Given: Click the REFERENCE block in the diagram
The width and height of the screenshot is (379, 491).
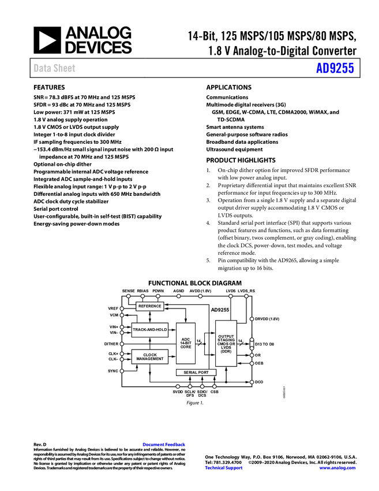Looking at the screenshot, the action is coord(149,306).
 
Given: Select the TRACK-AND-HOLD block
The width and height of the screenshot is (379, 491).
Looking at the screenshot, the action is coord(149,330).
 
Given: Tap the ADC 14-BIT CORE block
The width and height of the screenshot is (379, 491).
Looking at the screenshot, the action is coord(185,343).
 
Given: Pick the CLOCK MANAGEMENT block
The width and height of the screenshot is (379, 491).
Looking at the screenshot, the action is coord(149,357).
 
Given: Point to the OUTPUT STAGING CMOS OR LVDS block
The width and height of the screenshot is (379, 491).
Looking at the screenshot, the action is coord(226,343).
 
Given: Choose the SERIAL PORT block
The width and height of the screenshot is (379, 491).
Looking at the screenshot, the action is coord(196,373).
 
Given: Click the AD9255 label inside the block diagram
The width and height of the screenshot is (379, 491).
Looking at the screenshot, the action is coord(219,310).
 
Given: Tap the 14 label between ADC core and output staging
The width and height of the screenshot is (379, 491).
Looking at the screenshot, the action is coord(198,341).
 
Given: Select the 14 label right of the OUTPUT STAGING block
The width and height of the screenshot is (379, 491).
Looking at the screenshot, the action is coord(240,341).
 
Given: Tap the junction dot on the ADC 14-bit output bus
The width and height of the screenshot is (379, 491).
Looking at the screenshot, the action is coord(205,343).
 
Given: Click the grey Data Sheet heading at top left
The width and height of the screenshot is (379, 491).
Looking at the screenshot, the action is coord(55,68).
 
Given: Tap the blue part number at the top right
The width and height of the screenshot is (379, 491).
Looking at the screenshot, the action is coord(335,68).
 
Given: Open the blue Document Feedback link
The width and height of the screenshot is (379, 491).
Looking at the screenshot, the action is coord(164,445).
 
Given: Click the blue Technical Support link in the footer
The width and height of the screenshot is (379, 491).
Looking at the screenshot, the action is coord(224,468).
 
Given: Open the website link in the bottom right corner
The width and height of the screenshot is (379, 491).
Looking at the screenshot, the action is coord(337,468).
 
